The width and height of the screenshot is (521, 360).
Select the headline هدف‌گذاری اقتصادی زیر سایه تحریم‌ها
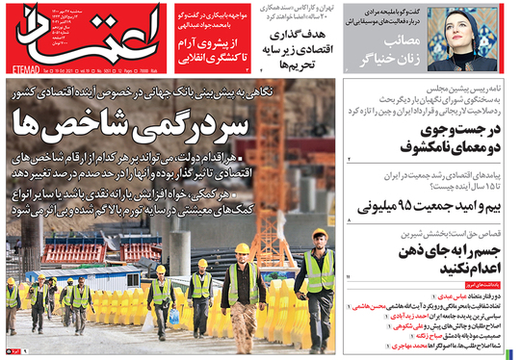pos(290,42)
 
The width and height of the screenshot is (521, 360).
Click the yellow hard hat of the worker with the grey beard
pos(242,248)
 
